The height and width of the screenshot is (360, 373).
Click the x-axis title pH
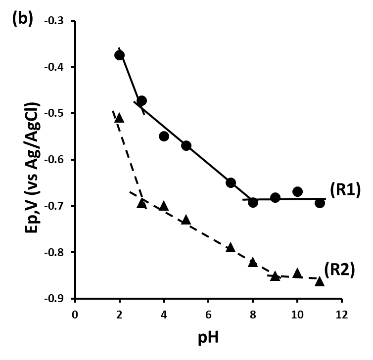[x=208, y=339]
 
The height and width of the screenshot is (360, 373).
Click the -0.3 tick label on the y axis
[x=54, y=21]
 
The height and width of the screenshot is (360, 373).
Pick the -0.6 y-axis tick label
[x=54, y=160]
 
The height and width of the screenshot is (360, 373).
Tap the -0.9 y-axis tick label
[x=54, y=299]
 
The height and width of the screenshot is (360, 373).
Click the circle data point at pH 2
[x=119, y=55]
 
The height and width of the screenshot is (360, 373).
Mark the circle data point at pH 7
[x=231, y=183]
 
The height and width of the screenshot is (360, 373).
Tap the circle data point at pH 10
[x=297, y=191]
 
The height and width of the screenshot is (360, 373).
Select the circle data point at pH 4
[x=164, y=136]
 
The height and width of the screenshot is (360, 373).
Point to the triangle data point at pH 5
[x=186, y=220]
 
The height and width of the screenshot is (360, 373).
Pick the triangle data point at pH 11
[x=320, y=281]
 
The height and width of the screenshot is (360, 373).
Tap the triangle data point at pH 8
[x=253, y=262]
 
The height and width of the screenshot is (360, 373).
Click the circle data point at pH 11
[x=320, y=203]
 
